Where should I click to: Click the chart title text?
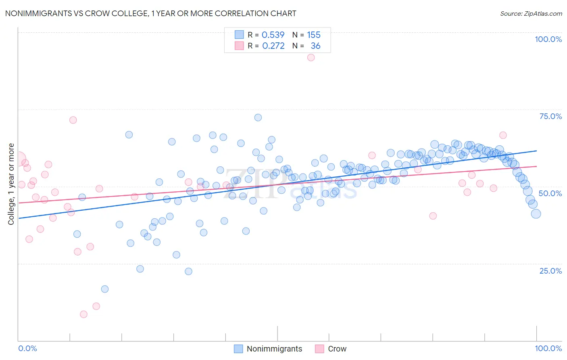tap(150, 13)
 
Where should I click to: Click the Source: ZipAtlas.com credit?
tap(531, 13)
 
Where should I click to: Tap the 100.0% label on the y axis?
tap(548, 39)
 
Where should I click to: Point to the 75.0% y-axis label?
tap(550, 116)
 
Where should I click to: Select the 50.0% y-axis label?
tap(550, 193)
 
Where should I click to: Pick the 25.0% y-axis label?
tap(550, 270)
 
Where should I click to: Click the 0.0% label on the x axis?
tap(27, 348)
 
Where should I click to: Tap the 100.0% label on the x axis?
tap(548, 348)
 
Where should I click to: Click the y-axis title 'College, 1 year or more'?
tap(11, 184)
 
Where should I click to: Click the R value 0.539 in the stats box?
tap(273, 35)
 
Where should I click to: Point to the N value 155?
tap(314, 35)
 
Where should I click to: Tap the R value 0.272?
tap(273, 46)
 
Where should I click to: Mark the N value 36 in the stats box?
tap(315, 46)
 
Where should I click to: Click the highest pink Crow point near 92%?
tap(311, 57)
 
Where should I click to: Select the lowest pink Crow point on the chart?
tap(83, 314)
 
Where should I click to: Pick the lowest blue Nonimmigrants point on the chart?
tap(105, 289)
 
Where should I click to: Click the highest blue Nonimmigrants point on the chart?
tap(258, 117)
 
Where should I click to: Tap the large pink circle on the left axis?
tap(19, 159)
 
